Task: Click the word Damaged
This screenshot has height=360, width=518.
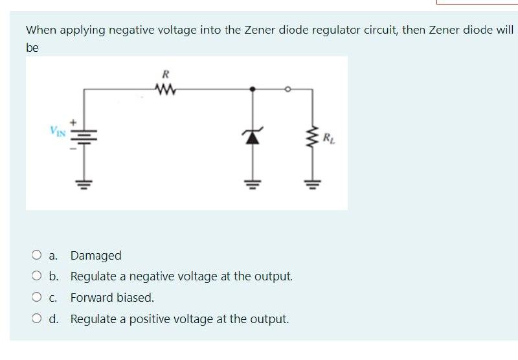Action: (x=96, y=256)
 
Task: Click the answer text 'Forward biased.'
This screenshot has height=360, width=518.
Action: (x=112, y=298)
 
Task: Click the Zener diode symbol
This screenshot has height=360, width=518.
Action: (x=253, y=135)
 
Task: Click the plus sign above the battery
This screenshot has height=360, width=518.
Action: (x=74, y=121)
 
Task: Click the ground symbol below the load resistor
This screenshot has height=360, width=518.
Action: (x=314, y=182)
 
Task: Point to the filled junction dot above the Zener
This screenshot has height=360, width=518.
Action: (x=253, y=88)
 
